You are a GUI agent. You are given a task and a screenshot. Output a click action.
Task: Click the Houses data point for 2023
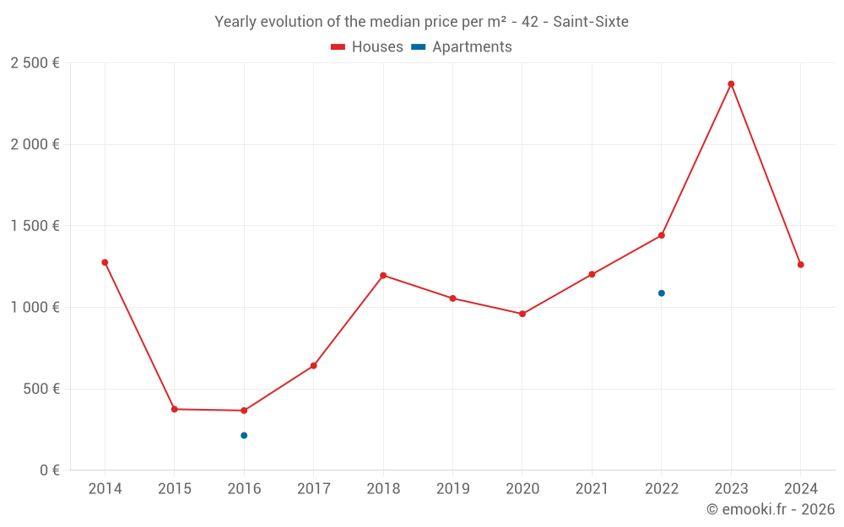tap(731, 84)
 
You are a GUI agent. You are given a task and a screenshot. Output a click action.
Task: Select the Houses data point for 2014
tap(105, 262)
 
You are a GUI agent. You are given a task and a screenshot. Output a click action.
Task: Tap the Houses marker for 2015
tap(175, 409)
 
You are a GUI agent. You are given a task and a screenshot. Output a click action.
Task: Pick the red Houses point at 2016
tap(244, 411)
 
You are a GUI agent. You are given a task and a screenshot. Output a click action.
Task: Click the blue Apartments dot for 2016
tap(244, 435)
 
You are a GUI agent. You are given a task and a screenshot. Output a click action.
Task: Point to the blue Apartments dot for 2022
tap(662, 293)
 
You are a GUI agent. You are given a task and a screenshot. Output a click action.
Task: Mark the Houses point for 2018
tap(383, 276)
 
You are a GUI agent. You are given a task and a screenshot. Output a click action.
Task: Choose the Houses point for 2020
tap(522, 314)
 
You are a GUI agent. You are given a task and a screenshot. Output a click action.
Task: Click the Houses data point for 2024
tap(801, 265)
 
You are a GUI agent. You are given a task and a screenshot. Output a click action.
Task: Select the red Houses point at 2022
tap(662, 235)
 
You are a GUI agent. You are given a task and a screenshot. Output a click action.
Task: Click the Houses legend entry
tap(367, 47)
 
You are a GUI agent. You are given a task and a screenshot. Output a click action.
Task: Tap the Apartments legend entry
tap(462, 47)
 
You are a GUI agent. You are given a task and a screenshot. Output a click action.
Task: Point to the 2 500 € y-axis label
tap(35, 63)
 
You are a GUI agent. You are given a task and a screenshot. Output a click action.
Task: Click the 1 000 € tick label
tap(35, 308)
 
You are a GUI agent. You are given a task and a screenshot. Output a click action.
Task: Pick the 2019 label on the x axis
tap(453, 489)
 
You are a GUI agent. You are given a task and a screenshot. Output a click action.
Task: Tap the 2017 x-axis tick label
tap(314, 489)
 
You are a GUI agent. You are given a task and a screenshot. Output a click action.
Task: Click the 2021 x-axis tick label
tap(592, 489)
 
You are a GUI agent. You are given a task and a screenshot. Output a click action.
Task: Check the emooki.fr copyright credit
tap(770, 509)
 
